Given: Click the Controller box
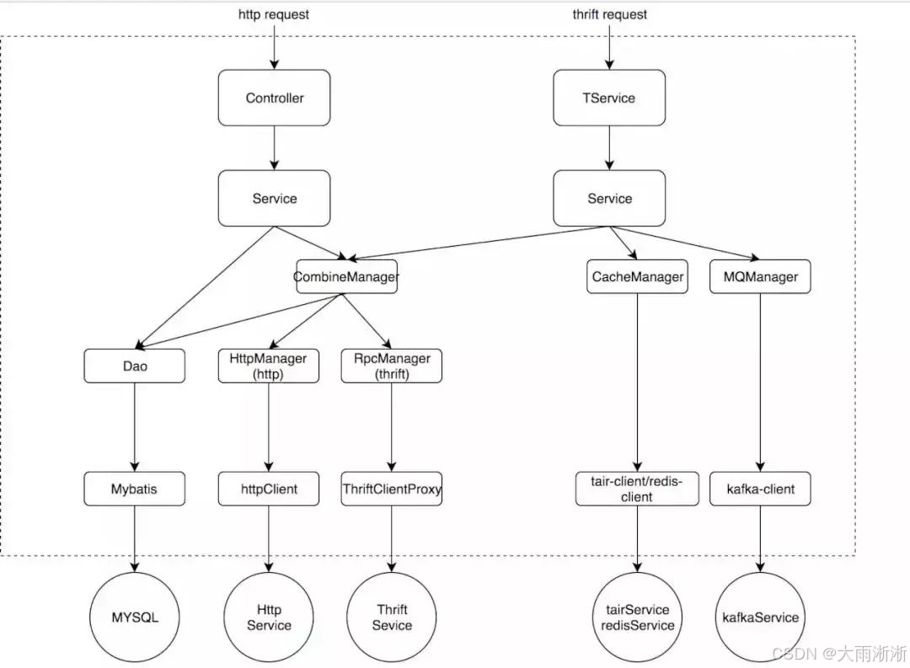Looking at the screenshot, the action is coord(274,98).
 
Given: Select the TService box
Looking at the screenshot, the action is coord(609,98).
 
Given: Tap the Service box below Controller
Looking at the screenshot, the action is coord(274,198).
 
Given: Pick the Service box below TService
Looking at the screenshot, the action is coord(609,198).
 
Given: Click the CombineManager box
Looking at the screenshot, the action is coord(346,276).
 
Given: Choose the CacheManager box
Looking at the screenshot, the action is coord(637,276).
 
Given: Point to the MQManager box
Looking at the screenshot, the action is coord(760,276).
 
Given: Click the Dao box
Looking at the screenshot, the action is coord(135,366).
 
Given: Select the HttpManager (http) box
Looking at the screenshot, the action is coord(269,366).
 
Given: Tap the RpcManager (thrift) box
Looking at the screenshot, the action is coord(392,366).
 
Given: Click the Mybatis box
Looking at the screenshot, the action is coord(135,489).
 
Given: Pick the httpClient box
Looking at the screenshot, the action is coord(269,489).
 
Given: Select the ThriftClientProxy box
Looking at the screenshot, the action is coord(392,489).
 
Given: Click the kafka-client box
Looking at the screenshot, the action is coord(760,489).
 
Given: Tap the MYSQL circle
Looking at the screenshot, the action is coord(135,617).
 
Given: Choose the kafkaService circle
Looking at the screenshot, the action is coord(760,617).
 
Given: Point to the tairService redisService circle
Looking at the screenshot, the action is coord(637,617).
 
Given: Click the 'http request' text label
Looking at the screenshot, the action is coord(274,14).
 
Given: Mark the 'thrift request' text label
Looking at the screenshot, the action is coord(609,14).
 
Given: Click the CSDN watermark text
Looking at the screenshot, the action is coord(839,654).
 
